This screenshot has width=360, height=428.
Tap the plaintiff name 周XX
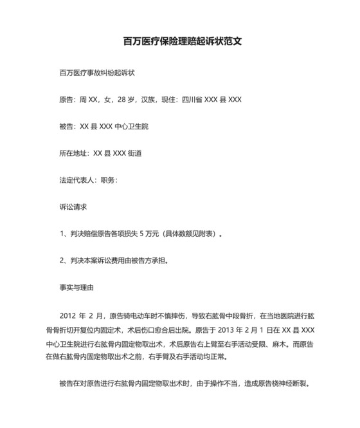coord(88,100)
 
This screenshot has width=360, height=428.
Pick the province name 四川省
coord(192,100)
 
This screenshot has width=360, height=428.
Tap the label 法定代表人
coord(75,181)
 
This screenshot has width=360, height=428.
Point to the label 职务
coord(108,181)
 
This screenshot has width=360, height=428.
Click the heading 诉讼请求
coord(72,208)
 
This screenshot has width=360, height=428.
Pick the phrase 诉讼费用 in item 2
coord(119,261)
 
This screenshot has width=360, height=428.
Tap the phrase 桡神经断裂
coord(292,384)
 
